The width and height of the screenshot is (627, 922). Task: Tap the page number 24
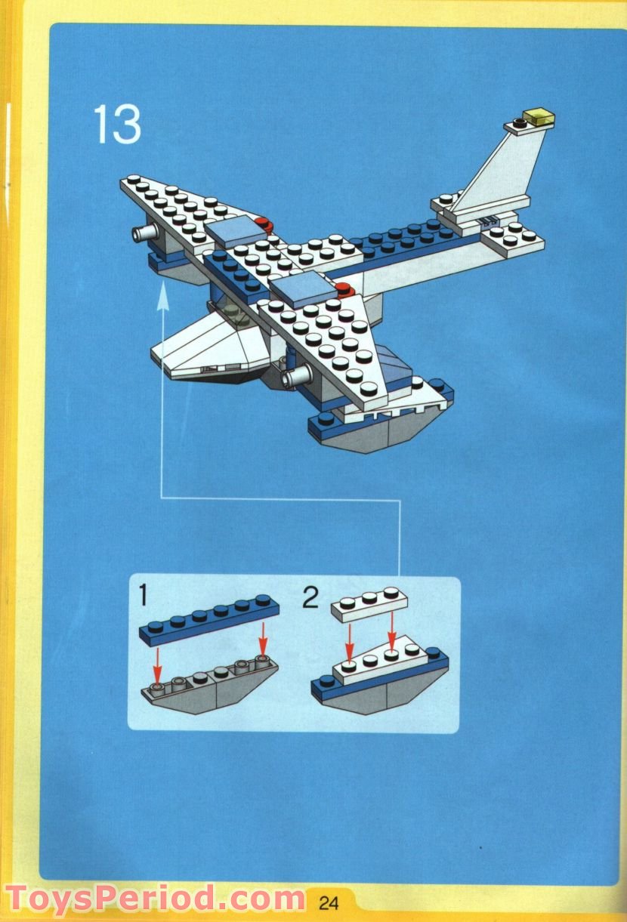(329, 903)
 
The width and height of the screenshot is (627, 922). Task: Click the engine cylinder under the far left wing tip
(143, 234)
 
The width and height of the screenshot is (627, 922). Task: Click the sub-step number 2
(310, 598)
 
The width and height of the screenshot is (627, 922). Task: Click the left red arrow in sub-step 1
(156, 661)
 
